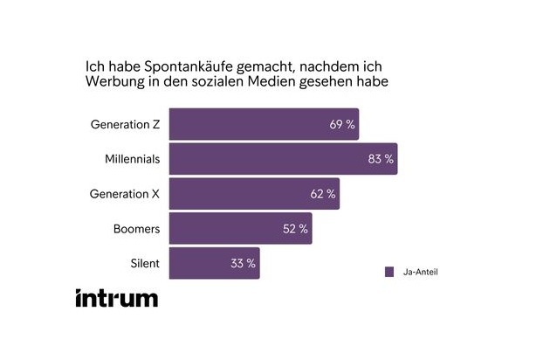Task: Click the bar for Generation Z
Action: [x=262, y=124]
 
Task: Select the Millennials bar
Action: [x=281, y=159]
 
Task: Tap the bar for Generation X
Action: [x=253, y=194]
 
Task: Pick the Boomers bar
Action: [x=239, y=229]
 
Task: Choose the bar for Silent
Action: [x=213, y=264]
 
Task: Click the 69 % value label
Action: [x=342, y=125]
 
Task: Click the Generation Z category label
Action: [x=125, y=124]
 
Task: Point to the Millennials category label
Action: [x=132, y=159]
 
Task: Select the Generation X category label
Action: [x=125, y=194]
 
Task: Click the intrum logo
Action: [x=116, y=297]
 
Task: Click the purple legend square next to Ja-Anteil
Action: [x=389, y=272]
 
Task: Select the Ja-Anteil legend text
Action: [x=421, y=272]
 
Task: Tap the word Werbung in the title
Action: [x=113, y=83]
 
